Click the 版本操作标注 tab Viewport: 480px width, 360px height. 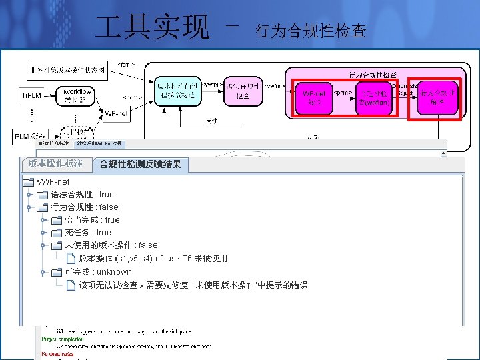point(56,163)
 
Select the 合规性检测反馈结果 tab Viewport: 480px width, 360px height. point(140,164)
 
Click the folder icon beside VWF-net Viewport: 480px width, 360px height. point(28,182)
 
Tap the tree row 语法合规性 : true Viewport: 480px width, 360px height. point(82,195)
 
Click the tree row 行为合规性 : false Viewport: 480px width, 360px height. point(84,207)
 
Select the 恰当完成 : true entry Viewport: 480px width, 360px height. point(92,220)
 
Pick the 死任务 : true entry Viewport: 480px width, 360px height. point(88,233)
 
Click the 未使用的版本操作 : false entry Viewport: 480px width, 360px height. point(111,245)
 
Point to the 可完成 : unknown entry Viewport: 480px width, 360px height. point(98,272)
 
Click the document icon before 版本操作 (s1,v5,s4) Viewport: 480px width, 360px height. point(71,259)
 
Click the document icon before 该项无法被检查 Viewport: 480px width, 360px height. point(71,285)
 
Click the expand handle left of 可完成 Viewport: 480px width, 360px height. point(43,272)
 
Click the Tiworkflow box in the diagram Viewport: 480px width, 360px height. point(76,96)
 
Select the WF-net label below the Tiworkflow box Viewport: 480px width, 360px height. point(117,114)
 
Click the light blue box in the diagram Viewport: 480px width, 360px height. point(176,91)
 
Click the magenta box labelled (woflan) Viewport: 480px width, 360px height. point(373,97)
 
